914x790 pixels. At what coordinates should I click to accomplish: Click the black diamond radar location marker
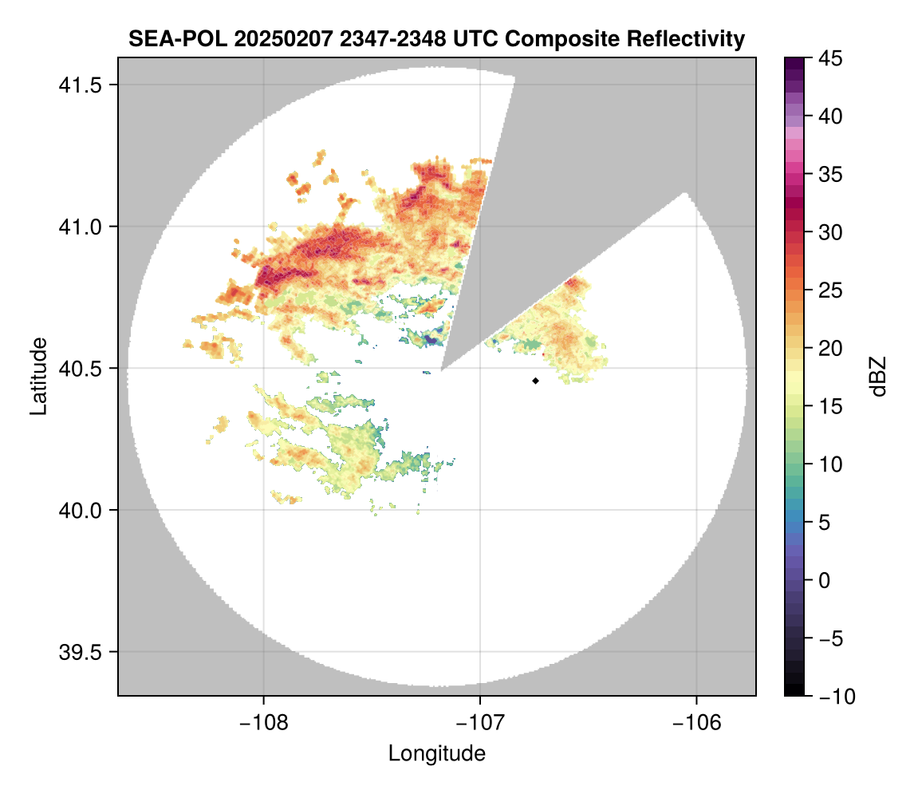click(535, 381)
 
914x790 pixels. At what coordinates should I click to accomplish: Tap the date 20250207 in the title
click(272, 39)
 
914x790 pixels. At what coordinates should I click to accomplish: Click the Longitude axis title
click(437, 753)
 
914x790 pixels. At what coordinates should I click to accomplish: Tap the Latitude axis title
click(38, 376)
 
